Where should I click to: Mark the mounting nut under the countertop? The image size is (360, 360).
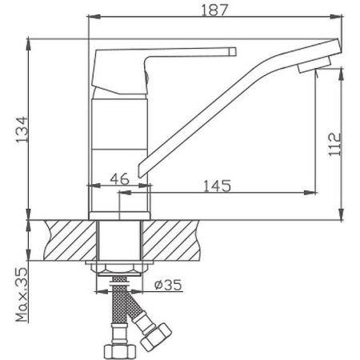click(120, 268)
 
